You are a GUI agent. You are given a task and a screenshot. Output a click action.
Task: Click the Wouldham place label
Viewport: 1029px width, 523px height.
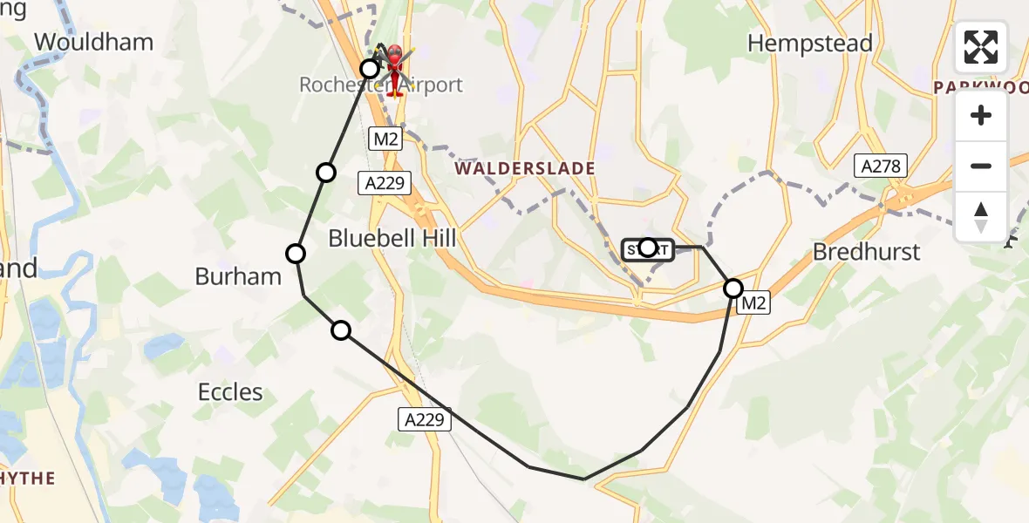(93, 42)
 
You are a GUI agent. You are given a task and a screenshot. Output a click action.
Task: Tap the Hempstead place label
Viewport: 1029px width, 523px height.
(810, 44)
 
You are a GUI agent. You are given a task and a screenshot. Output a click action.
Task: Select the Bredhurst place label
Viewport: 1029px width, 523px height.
(866, 252)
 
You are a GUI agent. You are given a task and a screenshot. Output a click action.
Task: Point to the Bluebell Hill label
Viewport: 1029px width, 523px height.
(392, 238)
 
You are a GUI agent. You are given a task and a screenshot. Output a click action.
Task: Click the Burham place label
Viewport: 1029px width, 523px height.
(238, 276)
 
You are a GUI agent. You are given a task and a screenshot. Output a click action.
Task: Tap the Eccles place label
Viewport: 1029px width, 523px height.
(230, 392)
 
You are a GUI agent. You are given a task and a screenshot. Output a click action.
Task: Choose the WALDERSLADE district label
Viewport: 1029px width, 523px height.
(524, 168)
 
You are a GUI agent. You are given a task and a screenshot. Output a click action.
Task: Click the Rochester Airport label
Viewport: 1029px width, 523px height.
(380, 85)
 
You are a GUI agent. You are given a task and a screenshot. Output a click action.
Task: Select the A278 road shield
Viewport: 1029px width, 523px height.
(882, 166)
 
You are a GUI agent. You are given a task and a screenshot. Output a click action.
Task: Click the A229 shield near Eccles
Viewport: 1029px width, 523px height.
(426, 419)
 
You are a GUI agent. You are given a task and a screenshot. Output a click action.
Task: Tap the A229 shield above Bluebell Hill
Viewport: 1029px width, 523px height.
(384, 182)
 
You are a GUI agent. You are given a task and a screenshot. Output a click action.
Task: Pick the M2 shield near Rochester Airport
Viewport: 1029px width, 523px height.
(385, 139)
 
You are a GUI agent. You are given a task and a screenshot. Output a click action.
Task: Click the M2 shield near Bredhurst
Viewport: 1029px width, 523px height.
(753, 303)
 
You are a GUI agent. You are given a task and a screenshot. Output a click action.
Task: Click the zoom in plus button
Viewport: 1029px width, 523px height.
(981, 116)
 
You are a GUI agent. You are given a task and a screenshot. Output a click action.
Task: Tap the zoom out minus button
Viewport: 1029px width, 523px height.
(981, 166)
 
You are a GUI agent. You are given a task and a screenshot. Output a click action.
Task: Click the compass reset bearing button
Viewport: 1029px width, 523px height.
(981, 216)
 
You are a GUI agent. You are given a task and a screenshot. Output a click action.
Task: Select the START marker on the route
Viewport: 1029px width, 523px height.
(647, 249)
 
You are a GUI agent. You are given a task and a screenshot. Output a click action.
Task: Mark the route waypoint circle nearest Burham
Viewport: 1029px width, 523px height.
(296, 254)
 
